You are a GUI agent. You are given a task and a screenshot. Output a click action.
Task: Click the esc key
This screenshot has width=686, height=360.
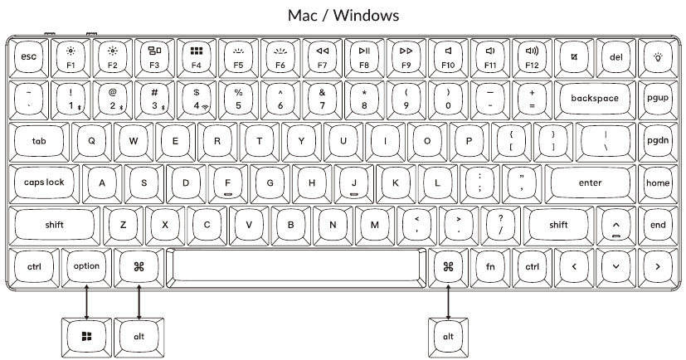click(x=29, y=56)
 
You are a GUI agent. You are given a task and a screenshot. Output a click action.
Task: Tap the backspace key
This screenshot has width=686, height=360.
click(x=595, y=98)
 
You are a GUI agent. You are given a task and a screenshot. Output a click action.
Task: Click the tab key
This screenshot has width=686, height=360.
click(x=39, y=140)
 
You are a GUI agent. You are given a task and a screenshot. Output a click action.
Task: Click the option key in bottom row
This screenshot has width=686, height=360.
click(x=87, y=266)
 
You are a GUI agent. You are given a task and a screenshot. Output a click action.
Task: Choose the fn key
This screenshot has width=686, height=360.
click(x=490, y=266)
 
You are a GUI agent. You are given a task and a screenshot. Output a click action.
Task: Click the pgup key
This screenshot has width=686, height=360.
click(x=657, y=98)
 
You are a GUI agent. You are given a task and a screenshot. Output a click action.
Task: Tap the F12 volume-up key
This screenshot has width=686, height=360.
click(x=532, y=56)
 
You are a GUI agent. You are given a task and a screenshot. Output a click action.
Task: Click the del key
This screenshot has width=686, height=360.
click(x=615, y=56)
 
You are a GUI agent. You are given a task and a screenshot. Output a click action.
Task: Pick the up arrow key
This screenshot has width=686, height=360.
click(x=615, y=224)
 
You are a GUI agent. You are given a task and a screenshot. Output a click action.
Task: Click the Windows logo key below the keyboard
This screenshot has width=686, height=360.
click(x=87, y=335)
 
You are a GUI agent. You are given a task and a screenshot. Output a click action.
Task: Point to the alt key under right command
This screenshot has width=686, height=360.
click(x=449, y=335)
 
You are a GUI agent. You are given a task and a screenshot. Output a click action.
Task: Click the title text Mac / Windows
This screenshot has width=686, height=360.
click(x=343, y=15)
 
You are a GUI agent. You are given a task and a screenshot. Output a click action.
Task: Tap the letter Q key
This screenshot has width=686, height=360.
click(x=91, y=140)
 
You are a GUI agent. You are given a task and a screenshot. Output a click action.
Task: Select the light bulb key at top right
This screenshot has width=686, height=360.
click(x=658, y=56)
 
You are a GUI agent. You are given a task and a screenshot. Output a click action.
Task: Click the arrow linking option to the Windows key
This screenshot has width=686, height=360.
click(x=87, y=299)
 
